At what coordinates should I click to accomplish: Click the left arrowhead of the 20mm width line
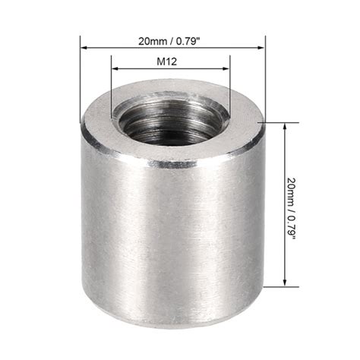pos(84,48)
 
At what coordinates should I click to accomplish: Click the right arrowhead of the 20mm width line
pos(261,48)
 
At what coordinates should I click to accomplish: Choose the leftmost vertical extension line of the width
pos(80,76)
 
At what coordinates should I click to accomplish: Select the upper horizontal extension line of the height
pos(277,122)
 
